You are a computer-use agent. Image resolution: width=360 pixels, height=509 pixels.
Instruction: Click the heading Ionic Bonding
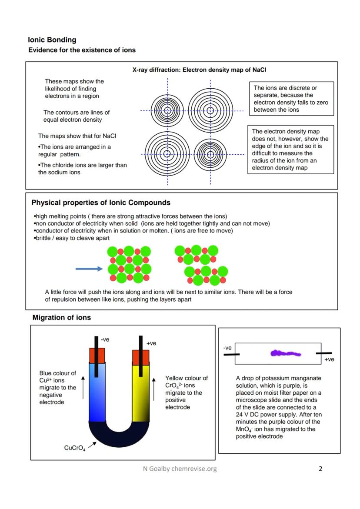coord(52,40)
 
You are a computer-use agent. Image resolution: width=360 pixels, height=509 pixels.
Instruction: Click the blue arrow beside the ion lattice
coord(89,269)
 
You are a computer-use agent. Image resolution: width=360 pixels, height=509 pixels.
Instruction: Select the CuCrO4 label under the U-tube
coord(74,449)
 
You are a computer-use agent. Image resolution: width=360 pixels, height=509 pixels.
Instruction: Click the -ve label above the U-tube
coord(105,339)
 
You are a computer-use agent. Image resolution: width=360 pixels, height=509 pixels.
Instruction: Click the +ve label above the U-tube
coord(151,343)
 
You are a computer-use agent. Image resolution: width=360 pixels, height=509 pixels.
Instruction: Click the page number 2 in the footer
coord(320,469)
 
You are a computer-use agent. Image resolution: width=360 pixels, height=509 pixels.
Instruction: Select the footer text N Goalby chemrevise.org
coord(180,469)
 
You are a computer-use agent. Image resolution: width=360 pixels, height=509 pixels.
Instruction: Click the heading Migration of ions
coord(62,318)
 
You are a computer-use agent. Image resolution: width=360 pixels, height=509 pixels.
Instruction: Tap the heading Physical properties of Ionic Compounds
coord(101,203)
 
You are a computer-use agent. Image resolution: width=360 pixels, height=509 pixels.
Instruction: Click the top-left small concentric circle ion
coord(167,110)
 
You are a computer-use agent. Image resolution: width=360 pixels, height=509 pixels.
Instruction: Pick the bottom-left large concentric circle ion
coord(167,154)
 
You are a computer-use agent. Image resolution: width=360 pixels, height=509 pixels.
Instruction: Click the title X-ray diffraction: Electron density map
coord(203,70)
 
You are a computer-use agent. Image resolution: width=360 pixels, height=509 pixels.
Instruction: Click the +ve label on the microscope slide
coord(329,359)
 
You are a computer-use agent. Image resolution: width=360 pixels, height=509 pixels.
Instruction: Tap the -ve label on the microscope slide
coord(227,348)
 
